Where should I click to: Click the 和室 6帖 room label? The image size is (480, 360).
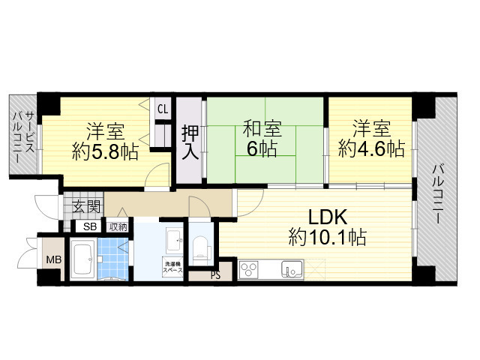pos(259,138)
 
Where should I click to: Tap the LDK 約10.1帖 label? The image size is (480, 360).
pos(327,227)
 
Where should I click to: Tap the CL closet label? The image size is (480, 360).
pos(163,109)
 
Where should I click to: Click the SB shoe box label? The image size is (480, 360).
pos(89,226)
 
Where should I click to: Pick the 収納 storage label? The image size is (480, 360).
pos(118,226)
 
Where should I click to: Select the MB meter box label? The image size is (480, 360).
pos(54,260)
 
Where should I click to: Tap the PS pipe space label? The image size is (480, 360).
pos(215,274)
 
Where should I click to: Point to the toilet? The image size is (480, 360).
pos(199,247)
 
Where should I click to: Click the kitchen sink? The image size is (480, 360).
pos(291,269)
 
